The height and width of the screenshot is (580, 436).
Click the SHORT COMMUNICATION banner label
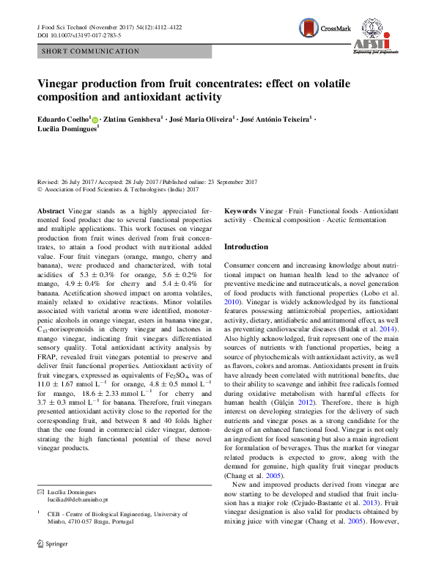coord(91,51)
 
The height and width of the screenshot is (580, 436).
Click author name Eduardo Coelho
coord(64,117)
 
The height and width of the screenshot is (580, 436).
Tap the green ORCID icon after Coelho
coord(95,118)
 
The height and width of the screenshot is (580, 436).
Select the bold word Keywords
coord(240,210)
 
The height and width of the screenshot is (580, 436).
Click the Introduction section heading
coord(245,247)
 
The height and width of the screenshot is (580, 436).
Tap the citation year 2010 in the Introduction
coord(231,301)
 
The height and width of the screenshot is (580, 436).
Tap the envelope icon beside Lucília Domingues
coord(40,508)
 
